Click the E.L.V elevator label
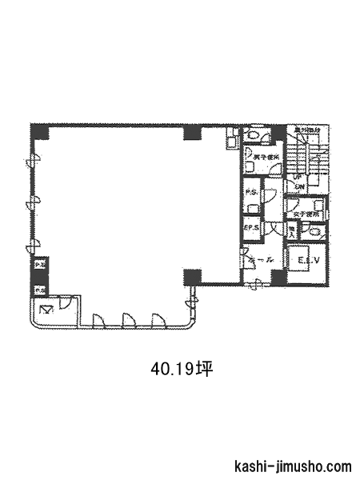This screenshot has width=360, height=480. tap(308, 262)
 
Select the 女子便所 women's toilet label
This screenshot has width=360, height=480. tap(306, 214)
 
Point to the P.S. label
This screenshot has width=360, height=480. tap(251, 192)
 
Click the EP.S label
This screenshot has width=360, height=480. tap(251, 227)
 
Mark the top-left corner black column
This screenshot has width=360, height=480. tap(38, 132)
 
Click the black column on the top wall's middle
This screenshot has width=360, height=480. tap(192, 132)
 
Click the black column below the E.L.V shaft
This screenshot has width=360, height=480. tap(278, 277)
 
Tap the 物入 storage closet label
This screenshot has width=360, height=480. tap(292, 232)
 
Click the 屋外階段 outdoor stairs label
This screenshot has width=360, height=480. tap(306, 130)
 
